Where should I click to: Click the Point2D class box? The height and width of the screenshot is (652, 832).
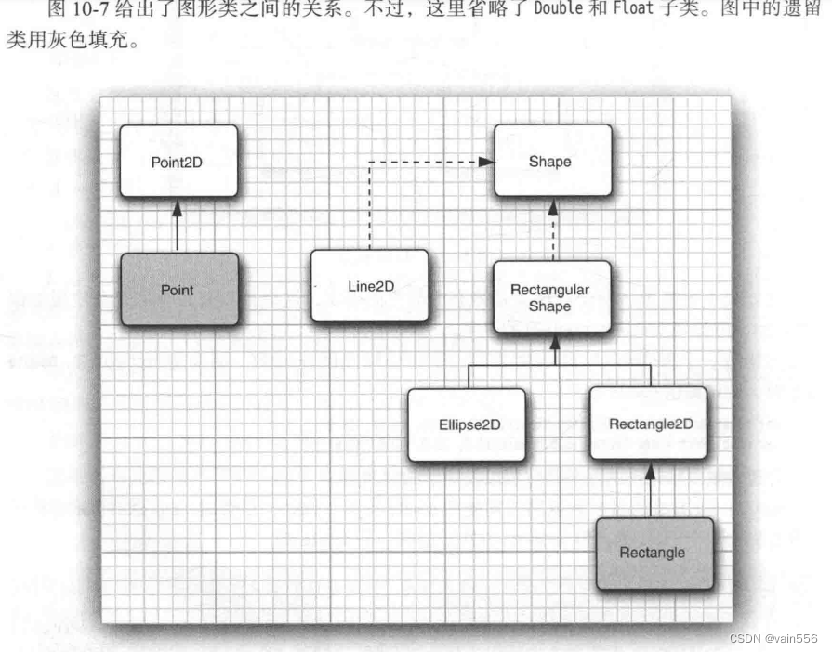pos(178,161)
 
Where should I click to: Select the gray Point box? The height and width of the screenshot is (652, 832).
pos(178,290)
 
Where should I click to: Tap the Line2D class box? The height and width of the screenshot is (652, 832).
pos(370,286)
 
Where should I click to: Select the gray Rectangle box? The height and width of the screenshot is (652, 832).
pos(653,554)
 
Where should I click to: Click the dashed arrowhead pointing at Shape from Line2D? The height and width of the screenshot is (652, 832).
pos(486,162)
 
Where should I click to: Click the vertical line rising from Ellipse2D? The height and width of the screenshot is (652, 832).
pos(468,376)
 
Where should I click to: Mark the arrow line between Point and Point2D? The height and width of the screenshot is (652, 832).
pos(178,232)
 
